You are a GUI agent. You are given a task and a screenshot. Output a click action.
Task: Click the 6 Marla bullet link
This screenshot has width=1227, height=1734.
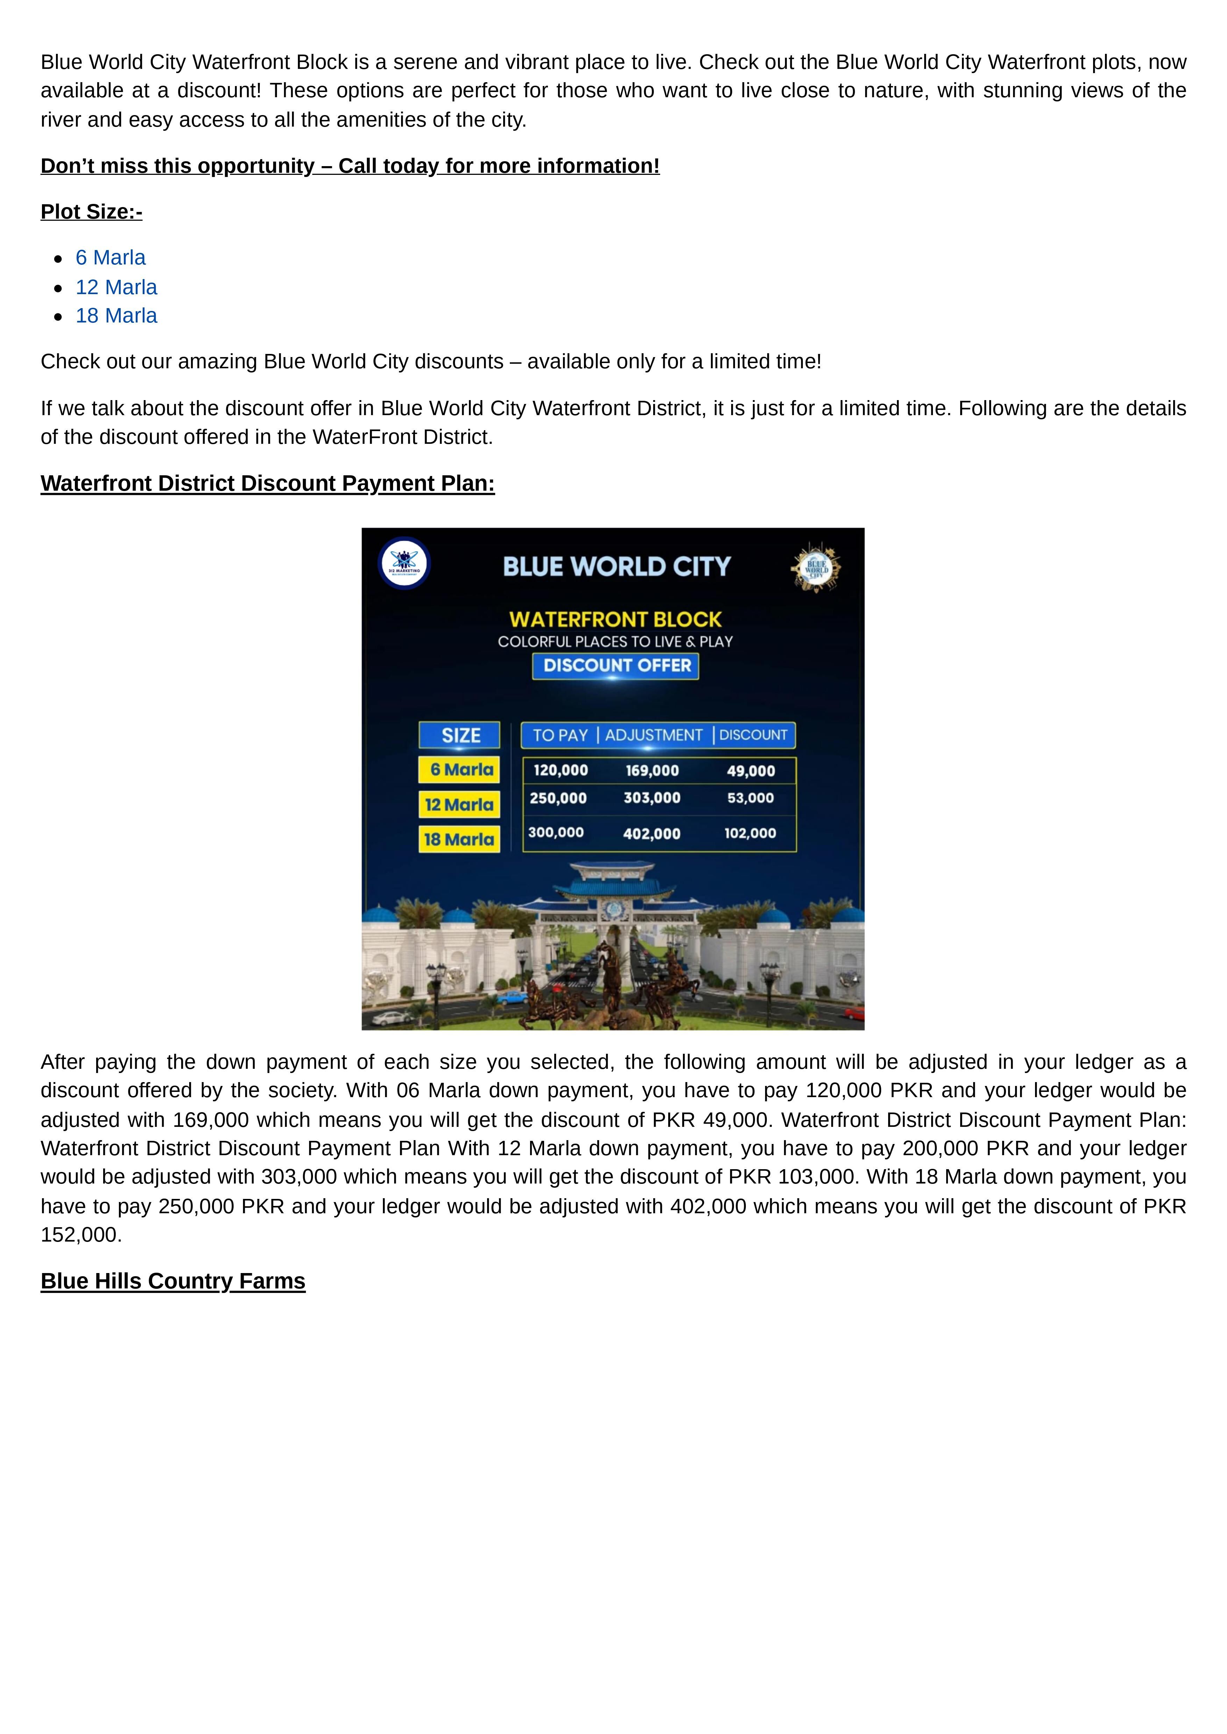click(110, 258)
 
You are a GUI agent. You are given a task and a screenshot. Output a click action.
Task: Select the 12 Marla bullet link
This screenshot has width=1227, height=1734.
click(116, 287)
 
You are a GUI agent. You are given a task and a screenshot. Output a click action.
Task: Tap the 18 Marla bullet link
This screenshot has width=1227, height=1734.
click(116, 316)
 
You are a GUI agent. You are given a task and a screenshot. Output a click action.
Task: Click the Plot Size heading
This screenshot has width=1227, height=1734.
click(91, 212)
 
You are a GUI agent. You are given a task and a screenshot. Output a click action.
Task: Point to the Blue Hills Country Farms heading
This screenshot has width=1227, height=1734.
click(173, 1281)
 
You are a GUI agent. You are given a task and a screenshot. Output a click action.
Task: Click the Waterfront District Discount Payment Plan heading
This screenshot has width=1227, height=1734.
click(267, 483)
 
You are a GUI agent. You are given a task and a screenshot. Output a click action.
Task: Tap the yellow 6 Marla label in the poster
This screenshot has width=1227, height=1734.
click(459, 770)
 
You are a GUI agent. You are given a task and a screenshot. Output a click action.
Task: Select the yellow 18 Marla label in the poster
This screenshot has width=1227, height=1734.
click(459, 839)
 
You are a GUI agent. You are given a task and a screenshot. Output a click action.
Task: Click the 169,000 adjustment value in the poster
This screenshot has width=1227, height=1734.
click(652, 771)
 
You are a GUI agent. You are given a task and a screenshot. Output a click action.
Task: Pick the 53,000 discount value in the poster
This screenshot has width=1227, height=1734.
click(750, 798)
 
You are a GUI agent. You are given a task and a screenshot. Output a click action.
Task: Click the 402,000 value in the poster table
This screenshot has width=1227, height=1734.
click(651, 833)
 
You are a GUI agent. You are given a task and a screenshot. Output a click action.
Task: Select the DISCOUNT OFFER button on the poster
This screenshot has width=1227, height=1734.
click(616, 666)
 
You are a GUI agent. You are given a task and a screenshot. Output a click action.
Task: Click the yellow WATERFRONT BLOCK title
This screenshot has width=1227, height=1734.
click(616, 619)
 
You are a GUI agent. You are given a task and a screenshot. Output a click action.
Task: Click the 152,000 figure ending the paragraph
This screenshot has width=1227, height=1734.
click(81, 1235)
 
